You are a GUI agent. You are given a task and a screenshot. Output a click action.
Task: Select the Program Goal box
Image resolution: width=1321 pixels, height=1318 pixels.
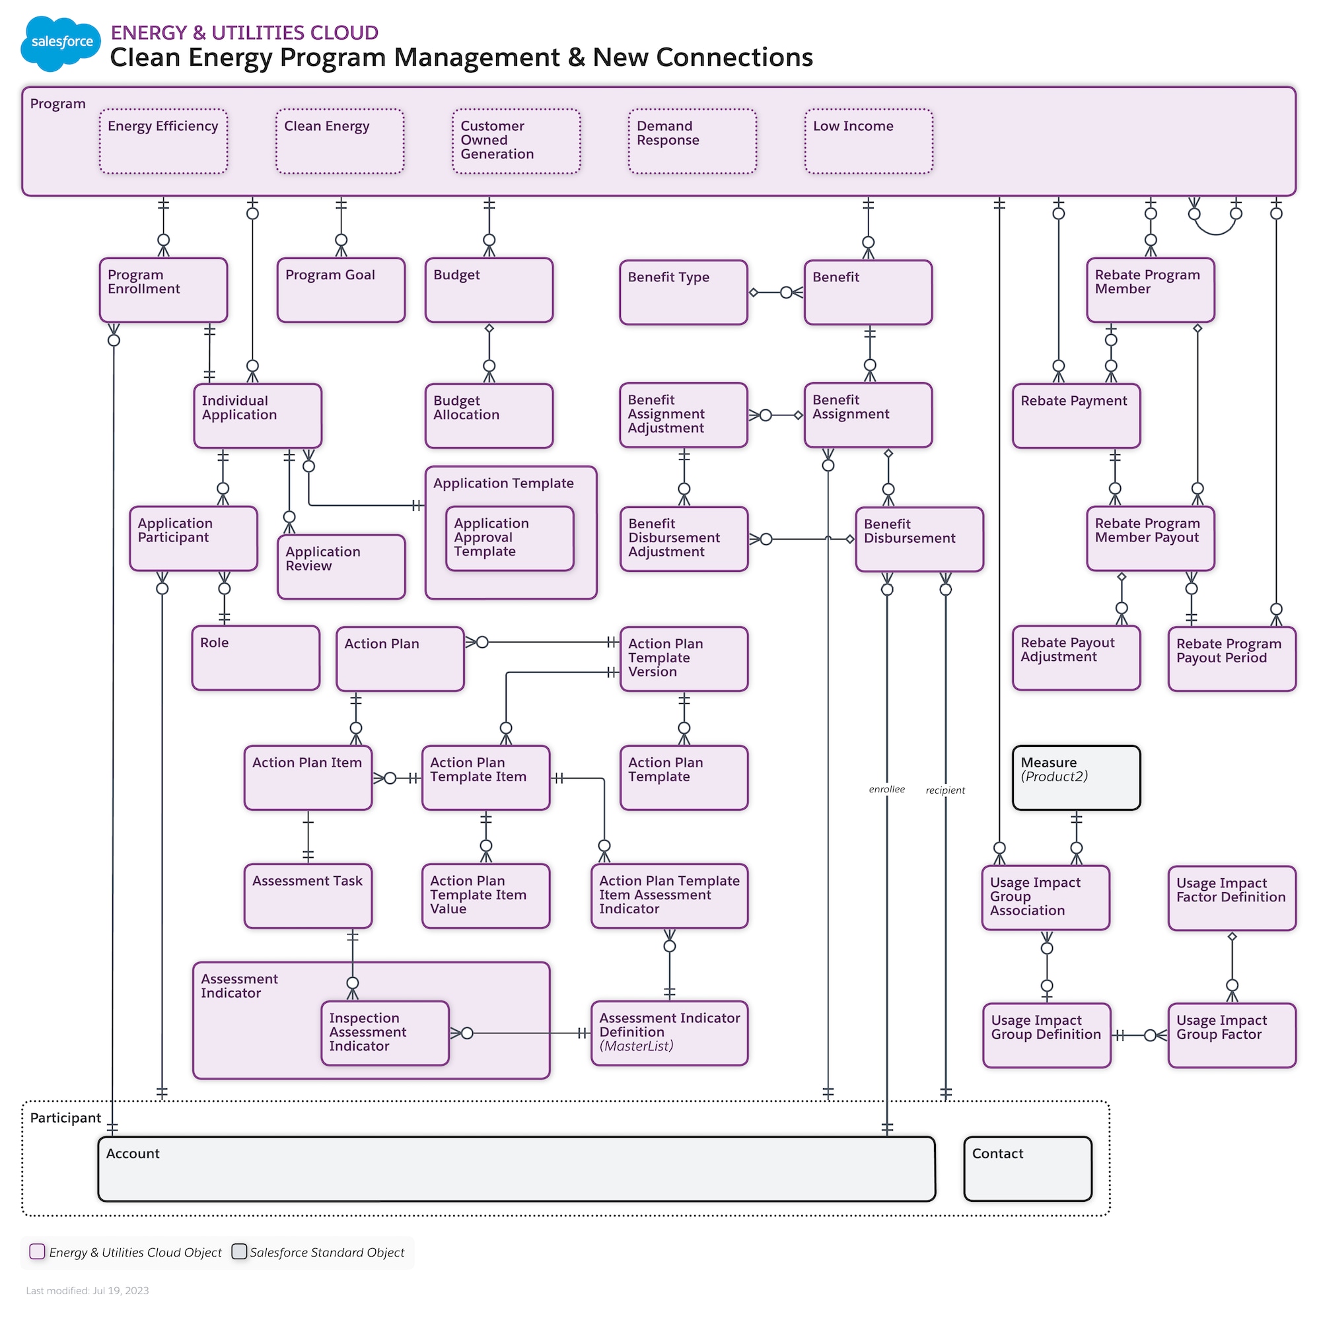(341, 290)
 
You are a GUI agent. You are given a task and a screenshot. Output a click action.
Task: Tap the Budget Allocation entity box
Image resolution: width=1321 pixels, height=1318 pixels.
(488, 415)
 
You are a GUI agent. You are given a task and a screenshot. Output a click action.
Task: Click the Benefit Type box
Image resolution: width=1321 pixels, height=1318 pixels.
(683, 292)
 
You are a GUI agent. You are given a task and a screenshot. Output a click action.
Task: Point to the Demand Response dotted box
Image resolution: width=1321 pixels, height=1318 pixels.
(692, 141)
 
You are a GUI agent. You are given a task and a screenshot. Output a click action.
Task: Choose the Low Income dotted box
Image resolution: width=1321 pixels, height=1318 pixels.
(869, 141)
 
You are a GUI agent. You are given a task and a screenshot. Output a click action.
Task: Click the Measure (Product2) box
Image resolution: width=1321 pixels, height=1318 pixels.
(1075, 778)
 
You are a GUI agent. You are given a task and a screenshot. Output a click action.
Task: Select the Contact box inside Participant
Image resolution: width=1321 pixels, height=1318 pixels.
(1027, 1168)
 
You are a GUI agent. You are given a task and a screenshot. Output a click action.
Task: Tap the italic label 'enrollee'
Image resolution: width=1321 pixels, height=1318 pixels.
(886, 789)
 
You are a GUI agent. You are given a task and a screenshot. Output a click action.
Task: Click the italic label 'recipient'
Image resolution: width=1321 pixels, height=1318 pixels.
(945, 790)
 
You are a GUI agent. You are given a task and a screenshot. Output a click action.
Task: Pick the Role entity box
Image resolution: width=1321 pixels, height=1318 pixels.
(256, 658)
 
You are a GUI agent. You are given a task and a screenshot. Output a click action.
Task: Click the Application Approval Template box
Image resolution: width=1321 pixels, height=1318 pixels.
(509, 538)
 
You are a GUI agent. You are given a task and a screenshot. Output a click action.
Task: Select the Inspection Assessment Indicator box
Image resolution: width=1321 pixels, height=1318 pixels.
(385, 1033)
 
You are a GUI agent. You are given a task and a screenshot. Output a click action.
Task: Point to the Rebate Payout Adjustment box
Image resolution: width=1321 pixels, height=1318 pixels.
(1075, 658)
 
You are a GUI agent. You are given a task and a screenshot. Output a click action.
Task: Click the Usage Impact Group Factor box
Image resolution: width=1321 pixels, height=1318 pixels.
(1231, 1035)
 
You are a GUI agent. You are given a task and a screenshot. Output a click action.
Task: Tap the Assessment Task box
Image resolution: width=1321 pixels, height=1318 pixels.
(308, 895)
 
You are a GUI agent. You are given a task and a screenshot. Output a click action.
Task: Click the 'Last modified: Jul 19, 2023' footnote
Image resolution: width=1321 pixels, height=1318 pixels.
(88, 1290)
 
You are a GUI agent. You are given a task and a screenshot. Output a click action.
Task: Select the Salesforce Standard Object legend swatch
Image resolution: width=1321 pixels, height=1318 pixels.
(239, 1251)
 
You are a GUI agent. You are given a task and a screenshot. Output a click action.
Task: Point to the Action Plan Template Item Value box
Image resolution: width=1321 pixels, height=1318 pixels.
(485, 895)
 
